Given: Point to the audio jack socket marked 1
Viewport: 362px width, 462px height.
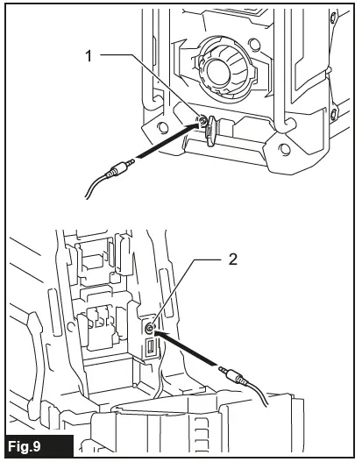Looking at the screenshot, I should coord(202,121).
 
